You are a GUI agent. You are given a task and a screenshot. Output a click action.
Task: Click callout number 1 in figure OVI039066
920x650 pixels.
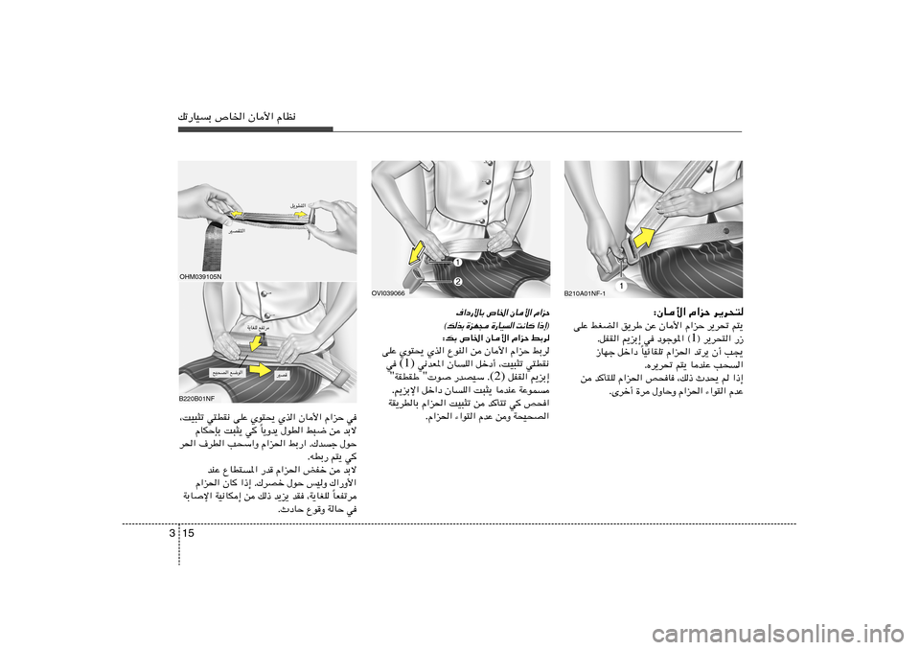[x=457, y=263]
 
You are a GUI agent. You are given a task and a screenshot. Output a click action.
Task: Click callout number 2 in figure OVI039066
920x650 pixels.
[x=458, y=282]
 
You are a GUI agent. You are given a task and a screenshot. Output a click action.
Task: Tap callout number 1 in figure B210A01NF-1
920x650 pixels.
[x=620, y=286]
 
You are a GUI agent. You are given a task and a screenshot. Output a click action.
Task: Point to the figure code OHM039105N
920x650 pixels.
[x=199, y=277]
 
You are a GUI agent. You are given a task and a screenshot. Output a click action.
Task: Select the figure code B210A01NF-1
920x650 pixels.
[x=586, y=293]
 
